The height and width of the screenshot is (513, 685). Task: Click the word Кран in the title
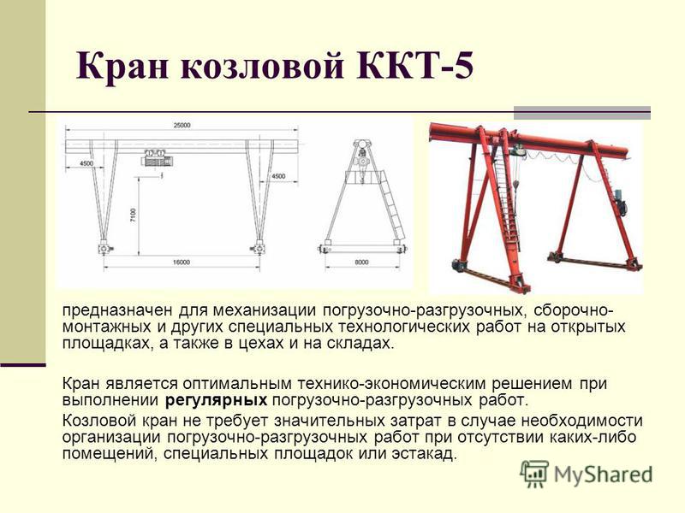pyautogui.click(x=122, y=66)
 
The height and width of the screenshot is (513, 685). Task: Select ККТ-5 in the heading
pyautogui.click(x=415, y=65)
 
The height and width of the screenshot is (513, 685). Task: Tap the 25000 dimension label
pyautogui.click(x=182, y=125)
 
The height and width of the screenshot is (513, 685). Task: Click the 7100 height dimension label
pyautogui.click(x=133, y=215)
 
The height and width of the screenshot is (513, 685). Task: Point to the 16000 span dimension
pyautogui.click(x=182, y=262)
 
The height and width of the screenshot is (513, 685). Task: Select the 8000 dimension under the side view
pyautogui.click(x=361, y=262)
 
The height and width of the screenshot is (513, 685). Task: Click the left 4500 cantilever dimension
pyautogui.click(x=86, y=163)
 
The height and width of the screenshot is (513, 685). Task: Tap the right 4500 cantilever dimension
pyautogui.click(x=278, y=176)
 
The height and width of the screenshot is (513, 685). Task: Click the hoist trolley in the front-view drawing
pyautogui.click(x=156, y=157)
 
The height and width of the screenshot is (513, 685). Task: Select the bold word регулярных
pyautogui.click(x=217, y=399)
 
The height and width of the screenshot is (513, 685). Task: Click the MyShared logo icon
pyautogui.click(x=534, y=474)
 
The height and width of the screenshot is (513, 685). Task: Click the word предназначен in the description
pyautogui.click(x=117, y=310)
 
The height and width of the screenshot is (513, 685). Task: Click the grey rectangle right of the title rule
pyautogui.click(x=582, y=113)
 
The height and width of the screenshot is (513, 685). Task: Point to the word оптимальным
pyautogui.click(x=237, y=384)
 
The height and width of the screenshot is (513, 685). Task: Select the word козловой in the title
pyautogui.click(x=262, y=66)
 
